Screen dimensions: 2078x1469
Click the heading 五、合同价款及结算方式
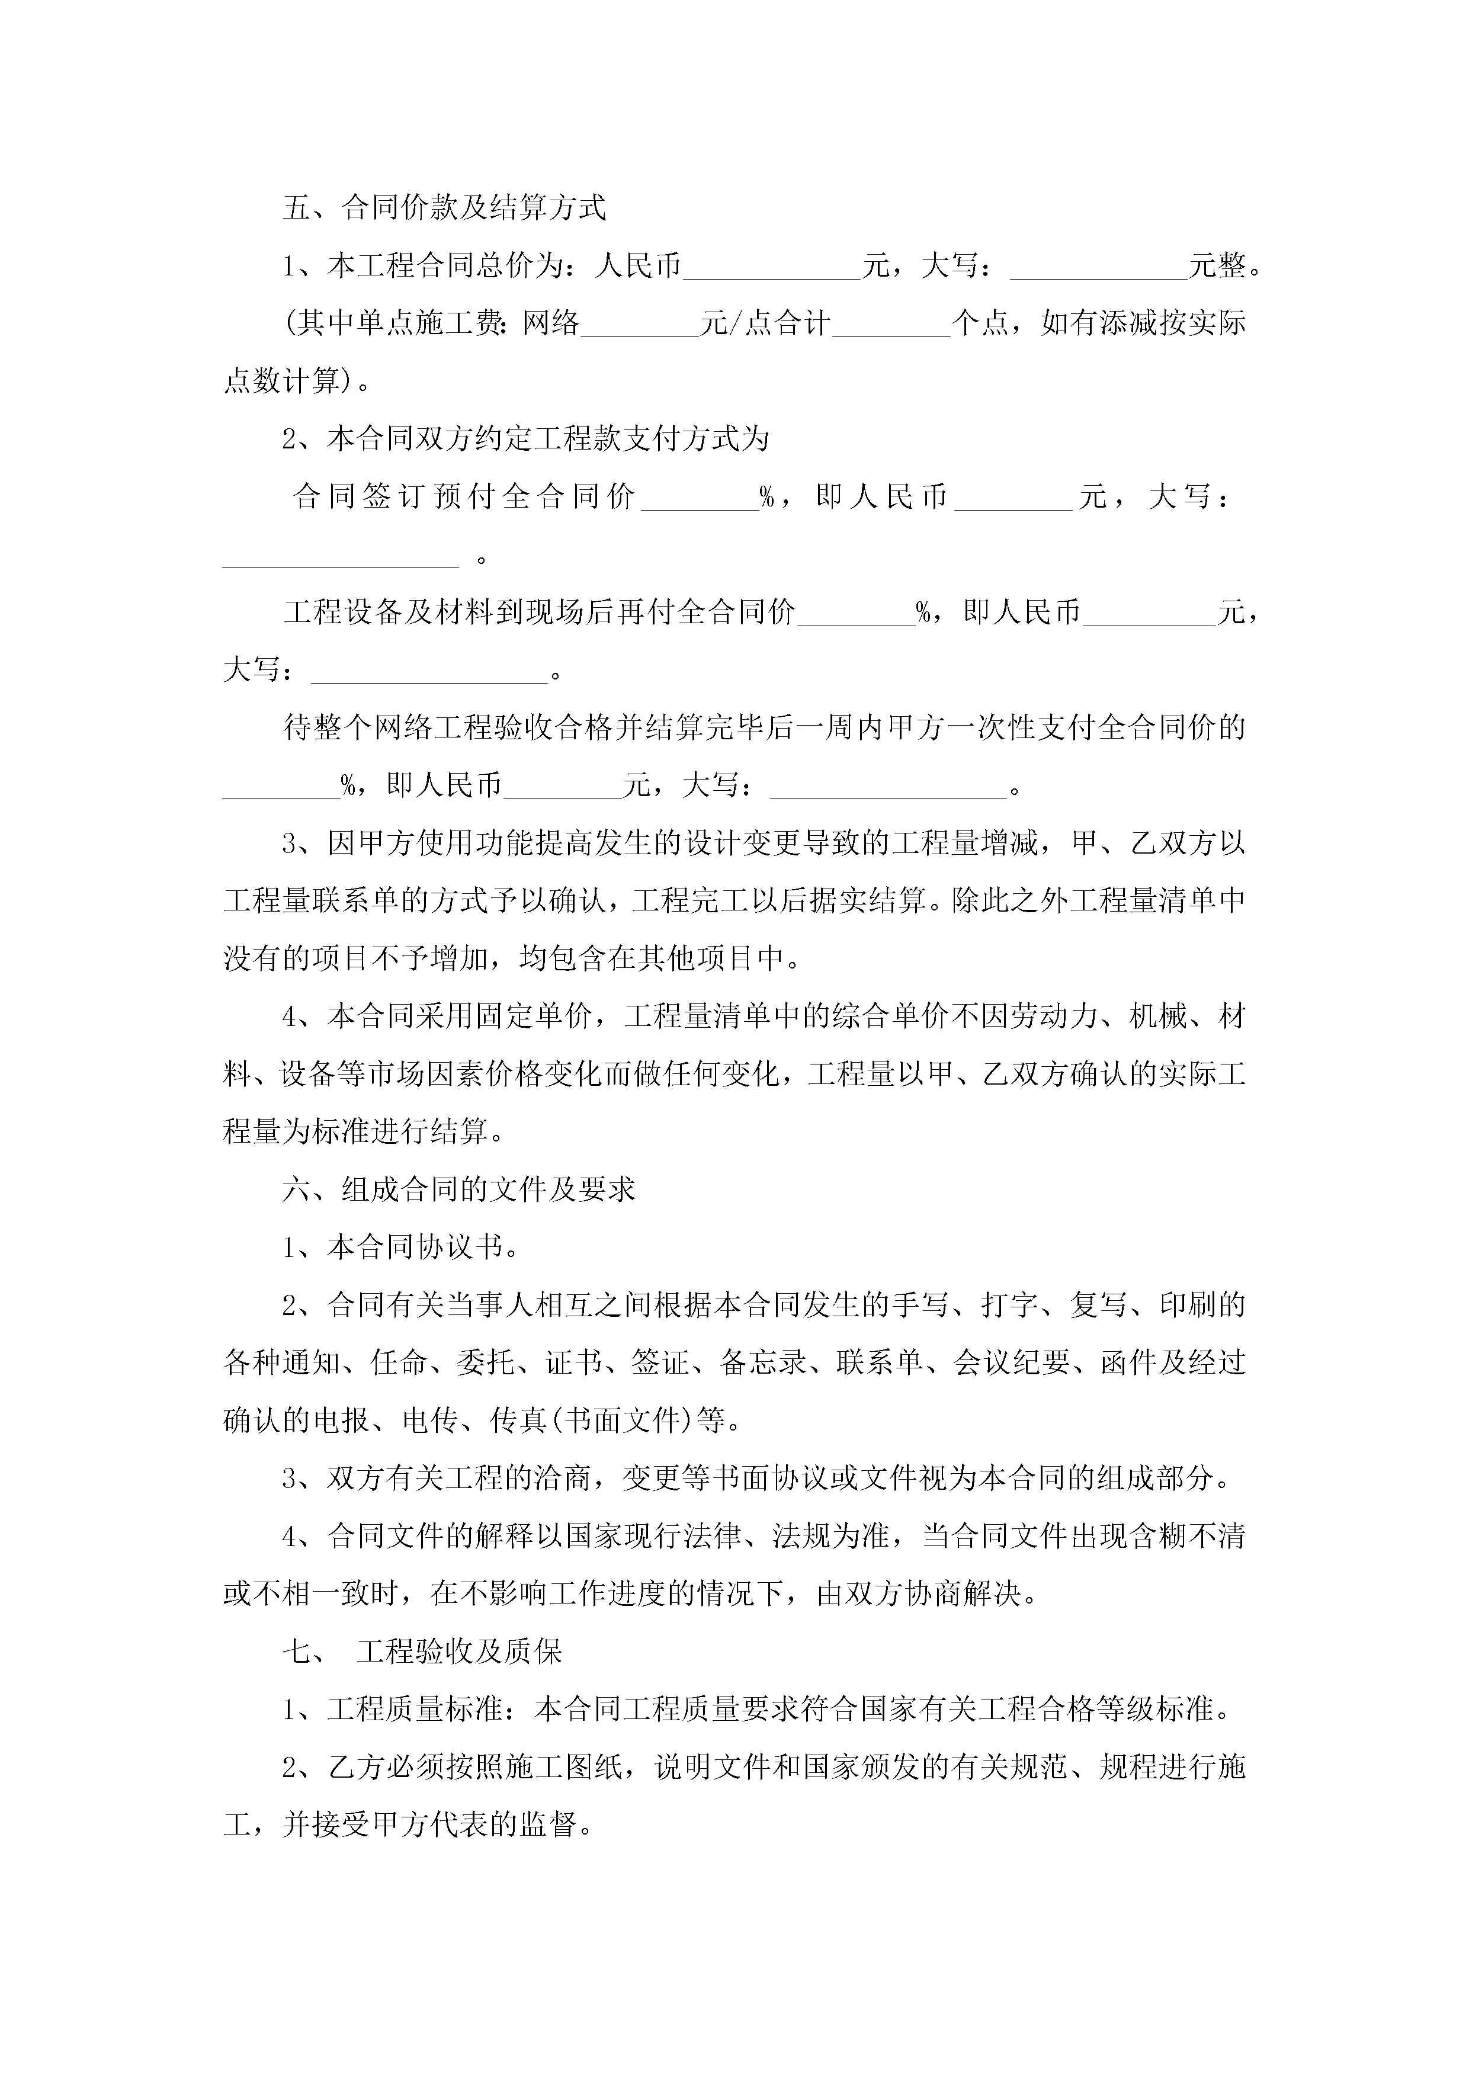(x=444, y=208)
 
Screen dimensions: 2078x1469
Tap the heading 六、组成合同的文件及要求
(x=459, y=1189)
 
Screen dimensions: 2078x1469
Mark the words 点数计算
(x=281, y=381)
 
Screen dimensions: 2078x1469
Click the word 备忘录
(x=762, y=1363)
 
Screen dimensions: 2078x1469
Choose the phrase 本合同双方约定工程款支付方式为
(x=547, y=439)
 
